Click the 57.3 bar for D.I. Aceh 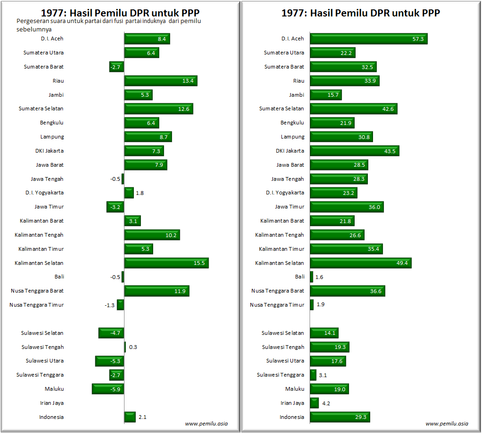[368, 39]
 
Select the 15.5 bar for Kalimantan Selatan [166, 263]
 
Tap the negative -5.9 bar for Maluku [108, 389]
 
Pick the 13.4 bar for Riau [161, 81]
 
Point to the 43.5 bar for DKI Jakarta [354, 151]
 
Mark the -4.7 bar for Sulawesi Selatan [111, 333]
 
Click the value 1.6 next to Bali [319, 277]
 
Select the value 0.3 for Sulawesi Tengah [133, 347]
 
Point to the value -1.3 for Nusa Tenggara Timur [109, 305]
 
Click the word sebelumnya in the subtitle [34, 29]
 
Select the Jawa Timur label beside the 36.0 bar [289, 207]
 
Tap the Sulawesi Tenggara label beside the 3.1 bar [280, 375]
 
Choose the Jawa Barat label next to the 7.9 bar [50, 165]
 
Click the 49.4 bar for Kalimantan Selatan [360, 263]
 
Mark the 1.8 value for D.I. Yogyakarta [140, 193]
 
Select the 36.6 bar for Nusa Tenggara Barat [347, 291]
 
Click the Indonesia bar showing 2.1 [130, 417]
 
